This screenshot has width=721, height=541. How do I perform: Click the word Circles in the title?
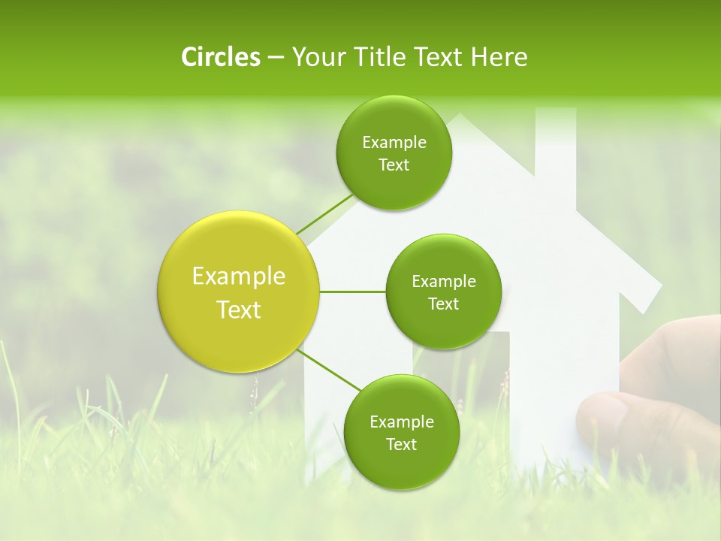pos(220,57)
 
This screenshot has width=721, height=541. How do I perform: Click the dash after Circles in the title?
pos(275,58)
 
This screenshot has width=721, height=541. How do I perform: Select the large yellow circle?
pos(238,292)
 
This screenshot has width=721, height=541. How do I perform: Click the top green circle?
pos(394,153)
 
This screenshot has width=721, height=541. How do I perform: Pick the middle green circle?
pos(443,292)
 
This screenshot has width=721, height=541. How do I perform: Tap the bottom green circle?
pos(401,432)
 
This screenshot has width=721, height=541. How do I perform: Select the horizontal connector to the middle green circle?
pos(352,292)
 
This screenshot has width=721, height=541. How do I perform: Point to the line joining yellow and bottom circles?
pos(329,370)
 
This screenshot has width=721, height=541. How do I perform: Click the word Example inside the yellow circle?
pos(238,277)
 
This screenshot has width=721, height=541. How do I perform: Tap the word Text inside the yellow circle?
pos(238,310)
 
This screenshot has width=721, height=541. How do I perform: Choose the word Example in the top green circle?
pos(394,143)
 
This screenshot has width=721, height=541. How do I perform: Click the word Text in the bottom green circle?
pos(401,444)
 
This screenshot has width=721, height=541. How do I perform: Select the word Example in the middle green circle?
pos(443,282)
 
